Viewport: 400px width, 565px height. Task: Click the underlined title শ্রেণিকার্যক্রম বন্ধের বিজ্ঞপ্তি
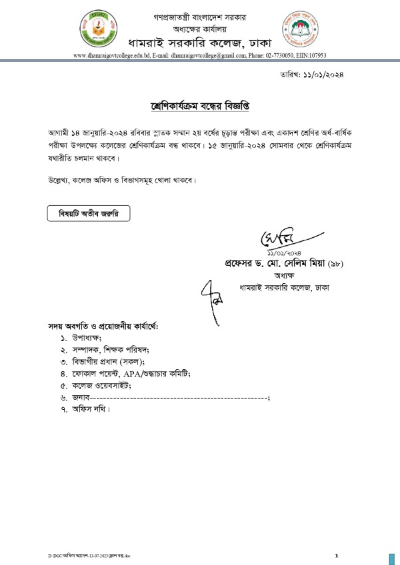[200, 107]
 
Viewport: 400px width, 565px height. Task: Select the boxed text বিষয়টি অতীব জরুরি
[88, 215]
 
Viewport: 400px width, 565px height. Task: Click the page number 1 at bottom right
[337, 555]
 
